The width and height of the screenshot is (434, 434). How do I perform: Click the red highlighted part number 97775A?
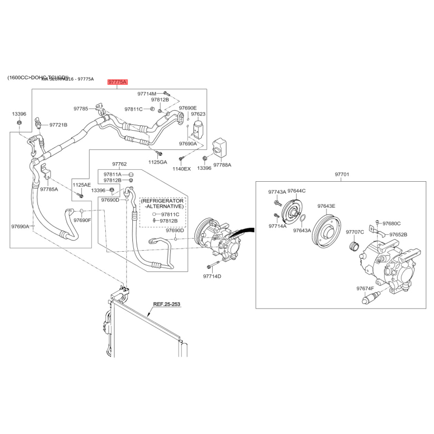tap(117, 82)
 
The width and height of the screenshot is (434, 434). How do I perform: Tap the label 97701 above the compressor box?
tap(342, 175)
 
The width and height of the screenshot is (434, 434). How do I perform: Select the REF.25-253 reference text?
tap(166, 305)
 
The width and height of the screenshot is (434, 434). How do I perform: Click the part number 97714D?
tap(212, 276)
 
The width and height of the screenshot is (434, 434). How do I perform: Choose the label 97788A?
tap(222, 164)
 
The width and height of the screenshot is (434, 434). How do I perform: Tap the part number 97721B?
tap(58, 125)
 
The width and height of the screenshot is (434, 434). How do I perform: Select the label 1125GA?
tap(158, 162)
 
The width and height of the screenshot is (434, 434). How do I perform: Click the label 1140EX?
tap(182, 169)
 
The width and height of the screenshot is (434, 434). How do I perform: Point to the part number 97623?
tap(198, 114)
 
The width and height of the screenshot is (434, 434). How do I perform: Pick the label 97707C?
tap(355, 232)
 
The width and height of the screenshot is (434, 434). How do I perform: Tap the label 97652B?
tap(398, 234)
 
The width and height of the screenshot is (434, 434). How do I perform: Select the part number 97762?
tap(119, 164)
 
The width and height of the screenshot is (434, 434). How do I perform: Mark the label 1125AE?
tap(82, 184)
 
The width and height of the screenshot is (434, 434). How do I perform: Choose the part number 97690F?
tap(82, 220)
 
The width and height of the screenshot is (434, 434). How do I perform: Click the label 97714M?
tap(146, 93)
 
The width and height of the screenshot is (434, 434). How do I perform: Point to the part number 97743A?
tap(277, 192)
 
